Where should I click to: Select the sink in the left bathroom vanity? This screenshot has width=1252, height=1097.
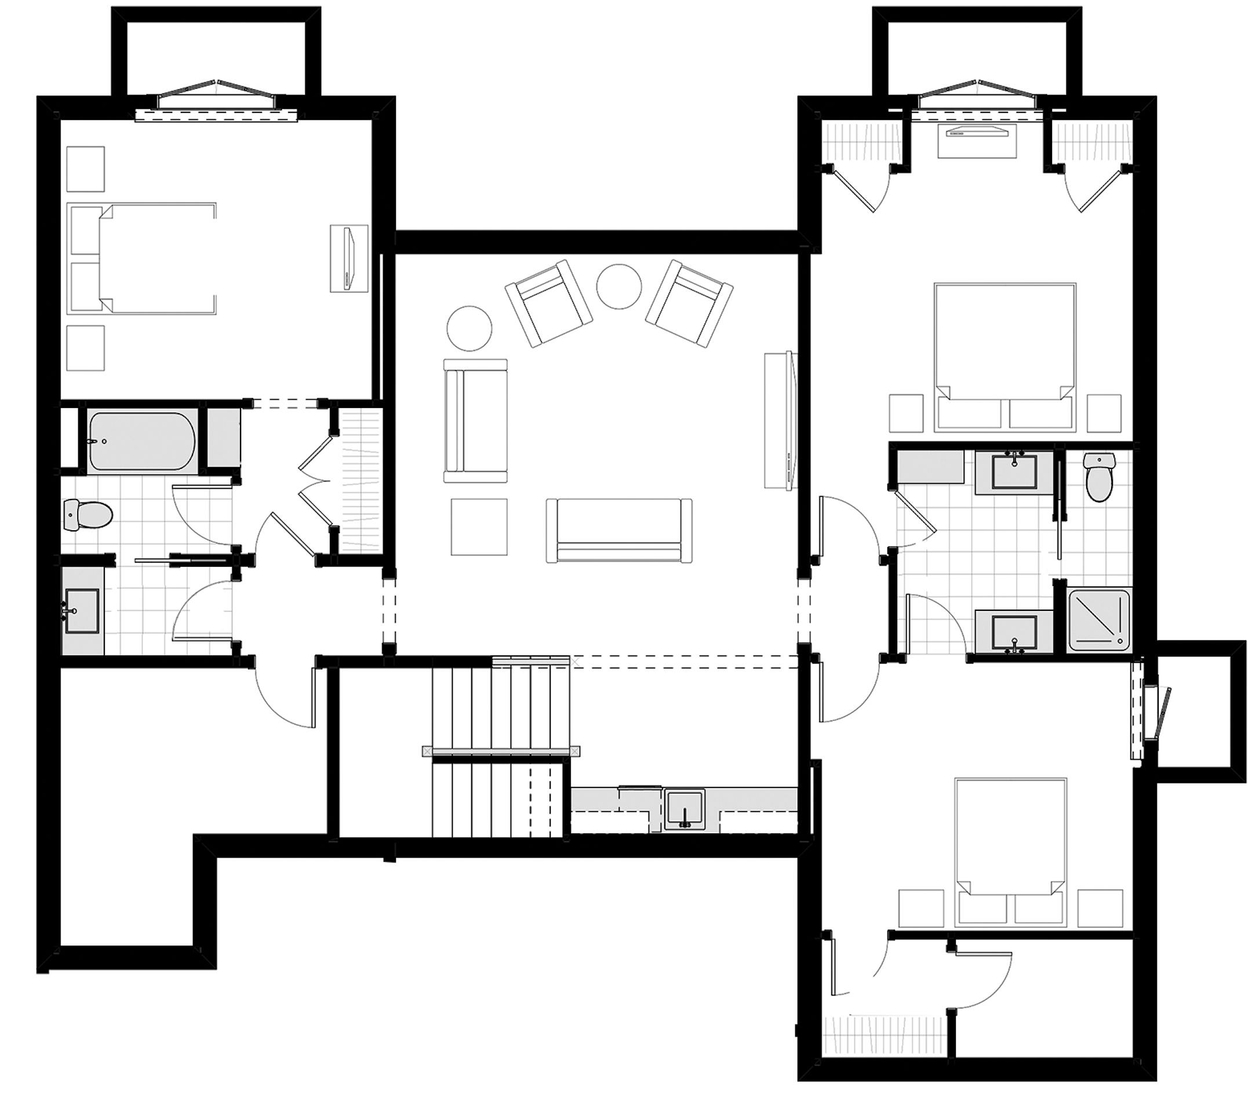pos(81,610)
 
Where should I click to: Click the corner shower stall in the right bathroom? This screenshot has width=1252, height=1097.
pos(1099,619)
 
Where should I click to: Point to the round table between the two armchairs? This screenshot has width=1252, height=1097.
pos(619,286)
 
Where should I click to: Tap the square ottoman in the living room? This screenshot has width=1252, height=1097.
pos(479,526)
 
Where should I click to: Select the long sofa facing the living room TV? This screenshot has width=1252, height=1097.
pos(619,530)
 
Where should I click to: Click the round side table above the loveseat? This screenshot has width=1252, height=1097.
pos(469,329)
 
